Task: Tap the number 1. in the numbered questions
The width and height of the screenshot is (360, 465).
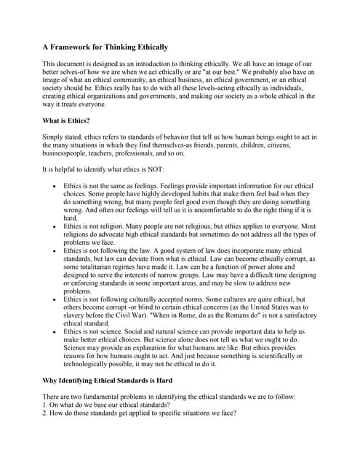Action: pos(45,405)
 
